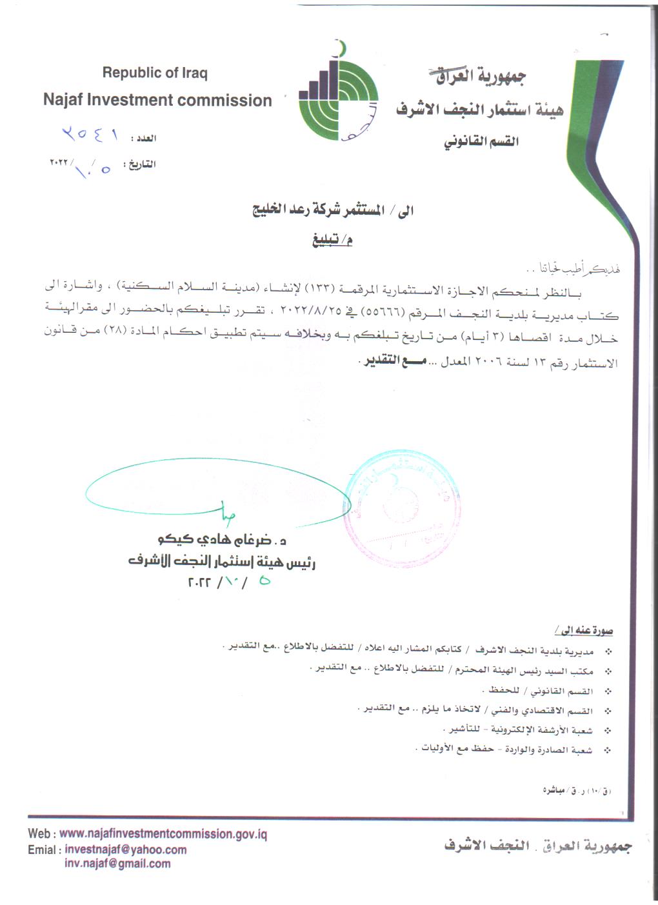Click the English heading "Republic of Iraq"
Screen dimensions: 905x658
coord(155,73)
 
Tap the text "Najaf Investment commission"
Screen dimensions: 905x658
coord(157,100)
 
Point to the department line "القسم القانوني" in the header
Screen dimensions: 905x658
coord(481,141)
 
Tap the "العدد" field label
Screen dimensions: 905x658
coord(144,138)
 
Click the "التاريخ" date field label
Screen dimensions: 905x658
coord(141,164)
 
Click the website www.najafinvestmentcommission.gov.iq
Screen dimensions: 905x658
coord(163,833)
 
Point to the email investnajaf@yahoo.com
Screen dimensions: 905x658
coord(126,850)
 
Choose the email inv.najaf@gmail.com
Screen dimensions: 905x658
coord(117,864)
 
